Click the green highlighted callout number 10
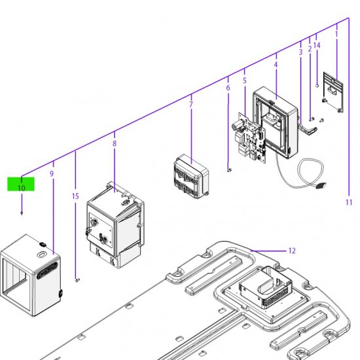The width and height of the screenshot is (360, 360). (x=21, y=188)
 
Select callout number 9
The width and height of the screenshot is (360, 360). (x=52, y=173)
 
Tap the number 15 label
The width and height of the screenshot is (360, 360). (x=75, y=196)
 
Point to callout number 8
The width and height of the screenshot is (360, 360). (x=115, y=143)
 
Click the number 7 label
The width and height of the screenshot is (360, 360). (x=190, y=105)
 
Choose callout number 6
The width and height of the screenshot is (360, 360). (x=228, y=88)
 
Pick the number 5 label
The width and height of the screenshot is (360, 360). (x=245, y=81)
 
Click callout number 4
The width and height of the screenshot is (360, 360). (x=276, y=65)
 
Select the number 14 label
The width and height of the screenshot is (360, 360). (x=317, y=45)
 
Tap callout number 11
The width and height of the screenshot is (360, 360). (x=349, y=202)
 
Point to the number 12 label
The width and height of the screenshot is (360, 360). (x=291, y=251)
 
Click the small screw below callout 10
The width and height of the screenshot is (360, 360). (x=22, y=213)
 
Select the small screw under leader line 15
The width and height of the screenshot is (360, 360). (x=77, y=280)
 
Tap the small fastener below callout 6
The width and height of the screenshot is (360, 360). (x=229, y=170)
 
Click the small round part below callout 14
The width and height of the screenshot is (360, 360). (x=317, y=86)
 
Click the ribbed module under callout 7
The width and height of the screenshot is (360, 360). (x=192, y=177)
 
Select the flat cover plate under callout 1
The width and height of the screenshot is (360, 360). (x=333, y=92)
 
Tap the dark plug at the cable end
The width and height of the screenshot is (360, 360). (x=321, y=185)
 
